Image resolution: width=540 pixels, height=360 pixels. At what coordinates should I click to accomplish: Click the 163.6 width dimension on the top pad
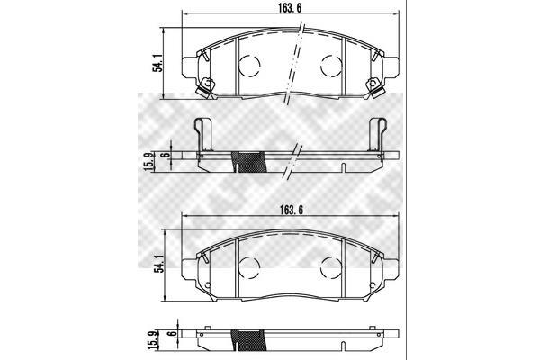(290, 9)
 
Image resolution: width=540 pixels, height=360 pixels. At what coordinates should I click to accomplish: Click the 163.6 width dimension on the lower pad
(292, 210)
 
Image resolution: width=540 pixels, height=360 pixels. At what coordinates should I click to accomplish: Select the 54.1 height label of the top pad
(157, 63)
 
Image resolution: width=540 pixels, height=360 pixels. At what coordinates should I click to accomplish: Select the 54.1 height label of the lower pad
(158, 264)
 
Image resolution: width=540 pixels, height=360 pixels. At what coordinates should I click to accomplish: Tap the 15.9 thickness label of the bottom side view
(153, 339)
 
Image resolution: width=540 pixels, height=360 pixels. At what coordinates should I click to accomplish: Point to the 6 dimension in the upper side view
(166, 155)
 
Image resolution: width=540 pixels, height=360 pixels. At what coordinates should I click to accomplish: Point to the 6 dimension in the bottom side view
(173, 333)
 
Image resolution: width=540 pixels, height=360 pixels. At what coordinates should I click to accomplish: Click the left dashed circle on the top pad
(249, 66)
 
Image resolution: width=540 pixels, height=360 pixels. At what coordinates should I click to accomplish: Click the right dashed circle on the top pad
(331, 66)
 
